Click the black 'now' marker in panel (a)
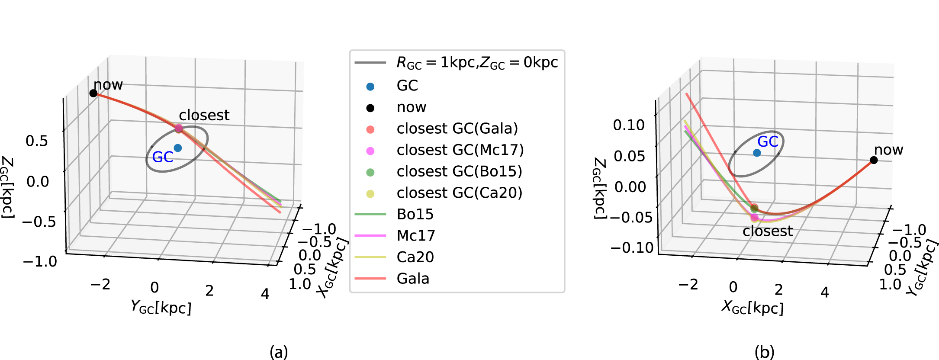pos(93,93)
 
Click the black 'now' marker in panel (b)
pos(874,160)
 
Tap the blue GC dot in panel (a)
pos(177,148)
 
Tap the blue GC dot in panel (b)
pos(757,153)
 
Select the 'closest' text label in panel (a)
pos(204,115)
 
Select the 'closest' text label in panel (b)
pos(768,231)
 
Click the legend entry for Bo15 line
pos(415,214)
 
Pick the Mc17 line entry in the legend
pos(415,235)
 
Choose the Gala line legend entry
pos(413,278)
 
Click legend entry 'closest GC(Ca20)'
pos(459,193)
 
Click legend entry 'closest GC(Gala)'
pos(457,129)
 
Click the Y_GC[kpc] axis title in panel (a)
pos(161,307)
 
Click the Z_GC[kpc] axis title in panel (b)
pos(599,188)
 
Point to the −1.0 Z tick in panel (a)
pos(40,261)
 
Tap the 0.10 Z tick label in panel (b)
pos(629,125)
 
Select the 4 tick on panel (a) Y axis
pos(265,294)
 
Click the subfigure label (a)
pos(278,351)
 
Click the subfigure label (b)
pos(764,351)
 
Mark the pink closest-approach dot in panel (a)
pos(179,129)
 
